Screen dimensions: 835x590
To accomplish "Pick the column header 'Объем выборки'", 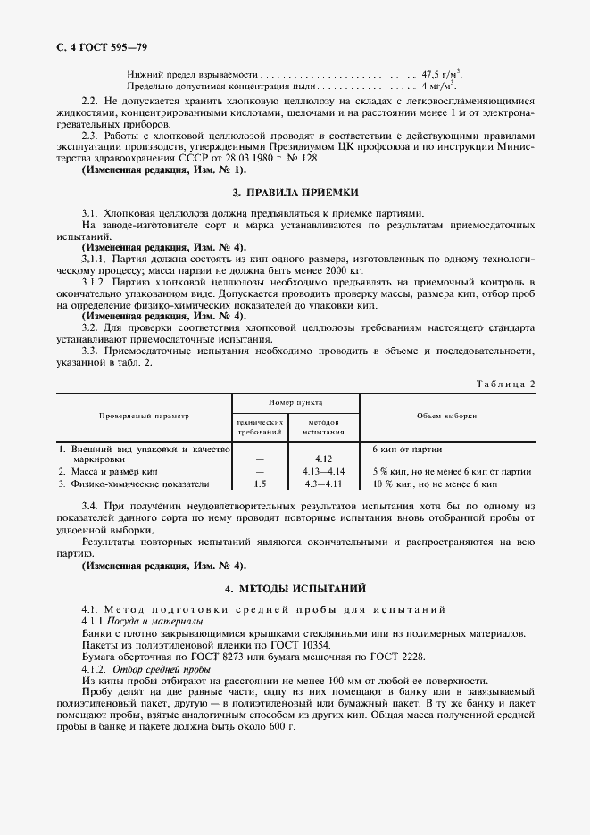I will pyautogui.click(x=446, y=416).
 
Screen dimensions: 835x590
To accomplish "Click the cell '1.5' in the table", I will pyautogui.click(x=260, y=484).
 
